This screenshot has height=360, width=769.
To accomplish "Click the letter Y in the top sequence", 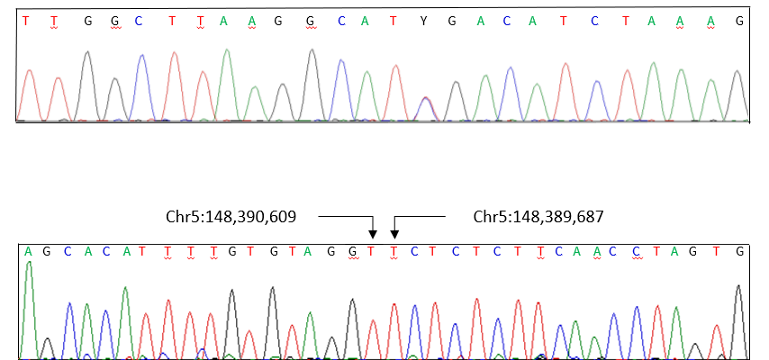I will tap(423, 21).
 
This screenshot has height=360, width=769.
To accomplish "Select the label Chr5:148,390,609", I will tap(231, 217).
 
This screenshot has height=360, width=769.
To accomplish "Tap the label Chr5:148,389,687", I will tap(538, 217).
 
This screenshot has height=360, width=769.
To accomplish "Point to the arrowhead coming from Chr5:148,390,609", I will tap(373, 235).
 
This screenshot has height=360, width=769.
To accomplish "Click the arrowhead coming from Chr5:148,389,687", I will tap(394, 235).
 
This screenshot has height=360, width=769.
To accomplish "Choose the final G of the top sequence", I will tap(739, 21).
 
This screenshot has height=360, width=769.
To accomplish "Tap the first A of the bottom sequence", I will tap(29, 251).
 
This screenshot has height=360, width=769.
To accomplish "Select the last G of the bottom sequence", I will tap(739, 251).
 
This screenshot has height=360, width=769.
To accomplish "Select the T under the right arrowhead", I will tap(394, 251).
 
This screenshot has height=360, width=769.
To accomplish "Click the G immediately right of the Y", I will tap(454, 21).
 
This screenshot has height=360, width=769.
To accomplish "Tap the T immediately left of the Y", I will tap(394, 21).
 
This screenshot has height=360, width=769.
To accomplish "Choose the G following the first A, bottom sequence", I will tap(48, 251).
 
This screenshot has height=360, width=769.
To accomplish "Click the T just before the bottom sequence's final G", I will tap(718, 251).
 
